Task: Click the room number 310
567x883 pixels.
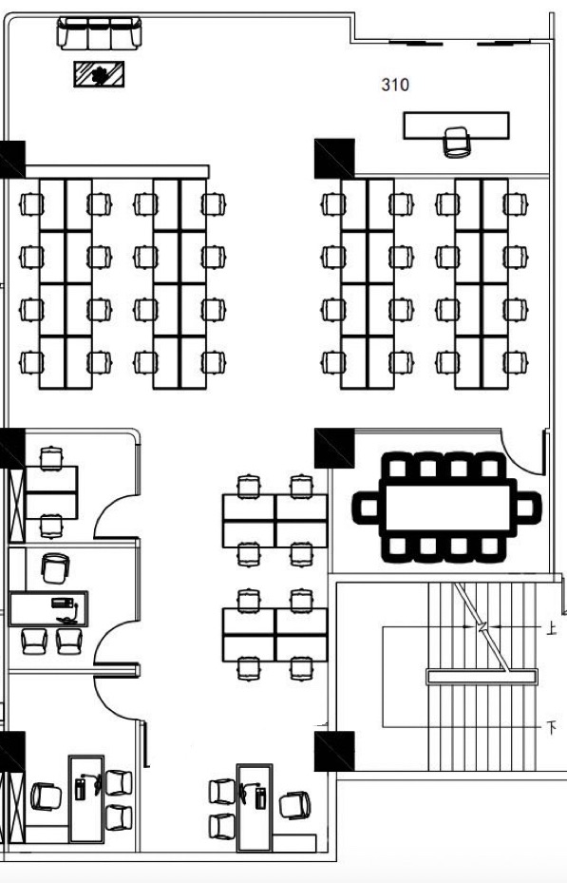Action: [x=395, y=85]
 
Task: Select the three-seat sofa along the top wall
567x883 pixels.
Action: [x=99, y=33]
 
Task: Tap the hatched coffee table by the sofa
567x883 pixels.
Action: [x=99, y=74]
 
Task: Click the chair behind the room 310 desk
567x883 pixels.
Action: [x=456, y=142]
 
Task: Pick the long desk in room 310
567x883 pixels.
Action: [x=456, y=125]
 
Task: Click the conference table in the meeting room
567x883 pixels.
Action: [x=447, y=507]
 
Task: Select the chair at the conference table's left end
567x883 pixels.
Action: [x=366, y=507]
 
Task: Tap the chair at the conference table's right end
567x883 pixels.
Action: [x=528, y=507]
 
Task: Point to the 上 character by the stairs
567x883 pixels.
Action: [x=552, y=628]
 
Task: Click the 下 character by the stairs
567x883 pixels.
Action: [x=552, y=727]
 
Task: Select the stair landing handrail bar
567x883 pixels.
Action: [x=482, y=677]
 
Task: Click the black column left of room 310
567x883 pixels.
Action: [x=334, y=159]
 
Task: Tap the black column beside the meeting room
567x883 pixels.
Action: [x=334, y=449]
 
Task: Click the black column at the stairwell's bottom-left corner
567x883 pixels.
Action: [x=334, y=751]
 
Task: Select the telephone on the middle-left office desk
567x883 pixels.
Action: [x=63, y=604]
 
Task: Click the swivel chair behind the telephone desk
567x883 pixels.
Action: [x=55, y=568]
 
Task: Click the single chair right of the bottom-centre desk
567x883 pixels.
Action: [x=294, y=806]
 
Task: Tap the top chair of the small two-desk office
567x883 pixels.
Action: [x=51, y=458]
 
